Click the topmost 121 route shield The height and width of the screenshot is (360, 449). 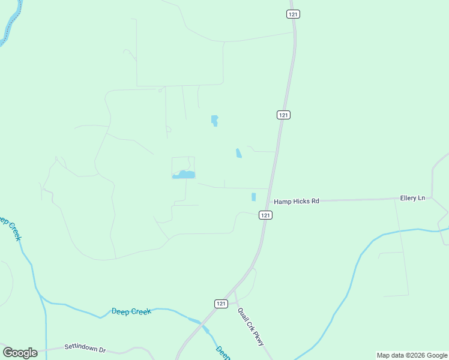pos(293,13)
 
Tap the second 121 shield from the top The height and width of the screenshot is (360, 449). pos(284,115)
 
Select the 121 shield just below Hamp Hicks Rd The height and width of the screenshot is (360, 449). pos(266,215)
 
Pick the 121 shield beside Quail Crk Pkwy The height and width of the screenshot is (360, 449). pos(221,304)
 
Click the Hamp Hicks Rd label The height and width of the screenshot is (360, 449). pos(297,202)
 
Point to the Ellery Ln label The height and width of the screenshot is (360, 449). pos(412,198)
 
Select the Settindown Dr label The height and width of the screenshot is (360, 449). pos(85,348)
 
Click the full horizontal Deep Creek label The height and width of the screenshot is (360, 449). pos(131,311)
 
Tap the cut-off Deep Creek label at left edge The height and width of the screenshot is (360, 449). pos(10,229)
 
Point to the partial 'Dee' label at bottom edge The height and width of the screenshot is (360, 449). pos(223,353)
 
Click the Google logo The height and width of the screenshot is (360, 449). pos(20,353)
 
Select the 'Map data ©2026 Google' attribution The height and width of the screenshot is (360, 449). pos(412,355)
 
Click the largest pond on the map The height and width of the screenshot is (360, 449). pos(184,175)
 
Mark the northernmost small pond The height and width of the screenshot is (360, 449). pos(214,120)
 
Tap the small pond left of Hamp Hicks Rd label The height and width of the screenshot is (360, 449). pos(253,197)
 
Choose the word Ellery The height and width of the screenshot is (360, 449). pos(409,198)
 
